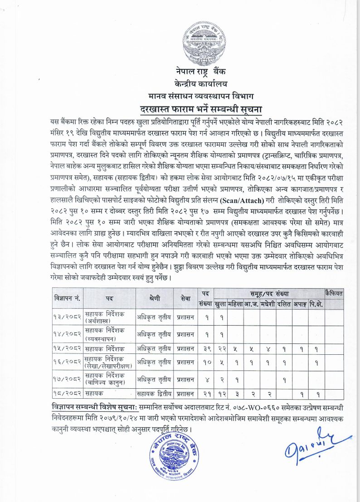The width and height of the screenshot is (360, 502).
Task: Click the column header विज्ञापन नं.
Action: [x=67, y=299]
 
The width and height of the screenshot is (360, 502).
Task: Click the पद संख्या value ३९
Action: [x=205, y=348]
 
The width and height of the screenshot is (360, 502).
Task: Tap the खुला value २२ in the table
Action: [x=221, y=348]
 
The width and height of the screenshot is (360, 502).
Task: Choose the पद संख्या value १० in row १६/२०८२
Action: [x=205, y=363]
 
